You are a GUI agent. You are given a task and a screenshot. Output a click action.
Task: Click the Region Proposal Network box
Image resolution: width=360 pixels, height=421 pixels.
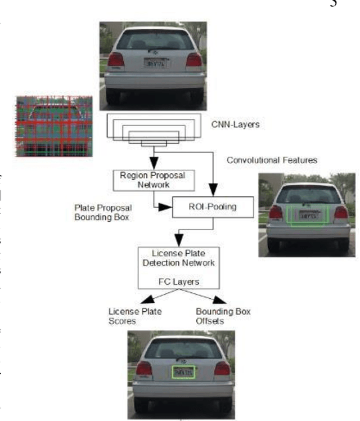(x=154, y=180)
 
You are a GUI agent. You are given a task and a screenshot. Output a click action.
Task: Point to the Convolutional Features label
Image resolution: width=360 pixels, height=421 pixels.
(x=272, y=160)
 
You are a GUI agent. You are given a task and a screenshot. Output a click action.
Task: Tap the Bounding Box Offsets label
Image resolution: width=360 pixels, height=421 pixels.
(x=223, y=315)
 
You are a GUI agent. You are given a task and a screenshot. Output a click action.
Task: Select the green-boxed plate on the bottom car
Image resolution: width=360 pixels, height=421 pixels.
(x=183, y=372)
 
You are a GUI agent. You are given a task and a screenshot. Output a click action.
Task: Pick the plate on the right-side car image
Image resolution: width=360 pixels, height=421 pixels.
(x=307, y=215)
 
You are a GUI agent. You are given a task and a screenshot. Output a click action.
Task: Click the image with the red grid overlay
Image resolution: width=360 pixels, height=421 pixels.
(x=55, y=125)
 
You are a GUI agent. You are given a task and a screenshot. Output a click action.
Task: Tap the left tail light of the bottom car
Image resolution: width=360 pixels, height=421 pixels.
(x=144, y=369)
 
